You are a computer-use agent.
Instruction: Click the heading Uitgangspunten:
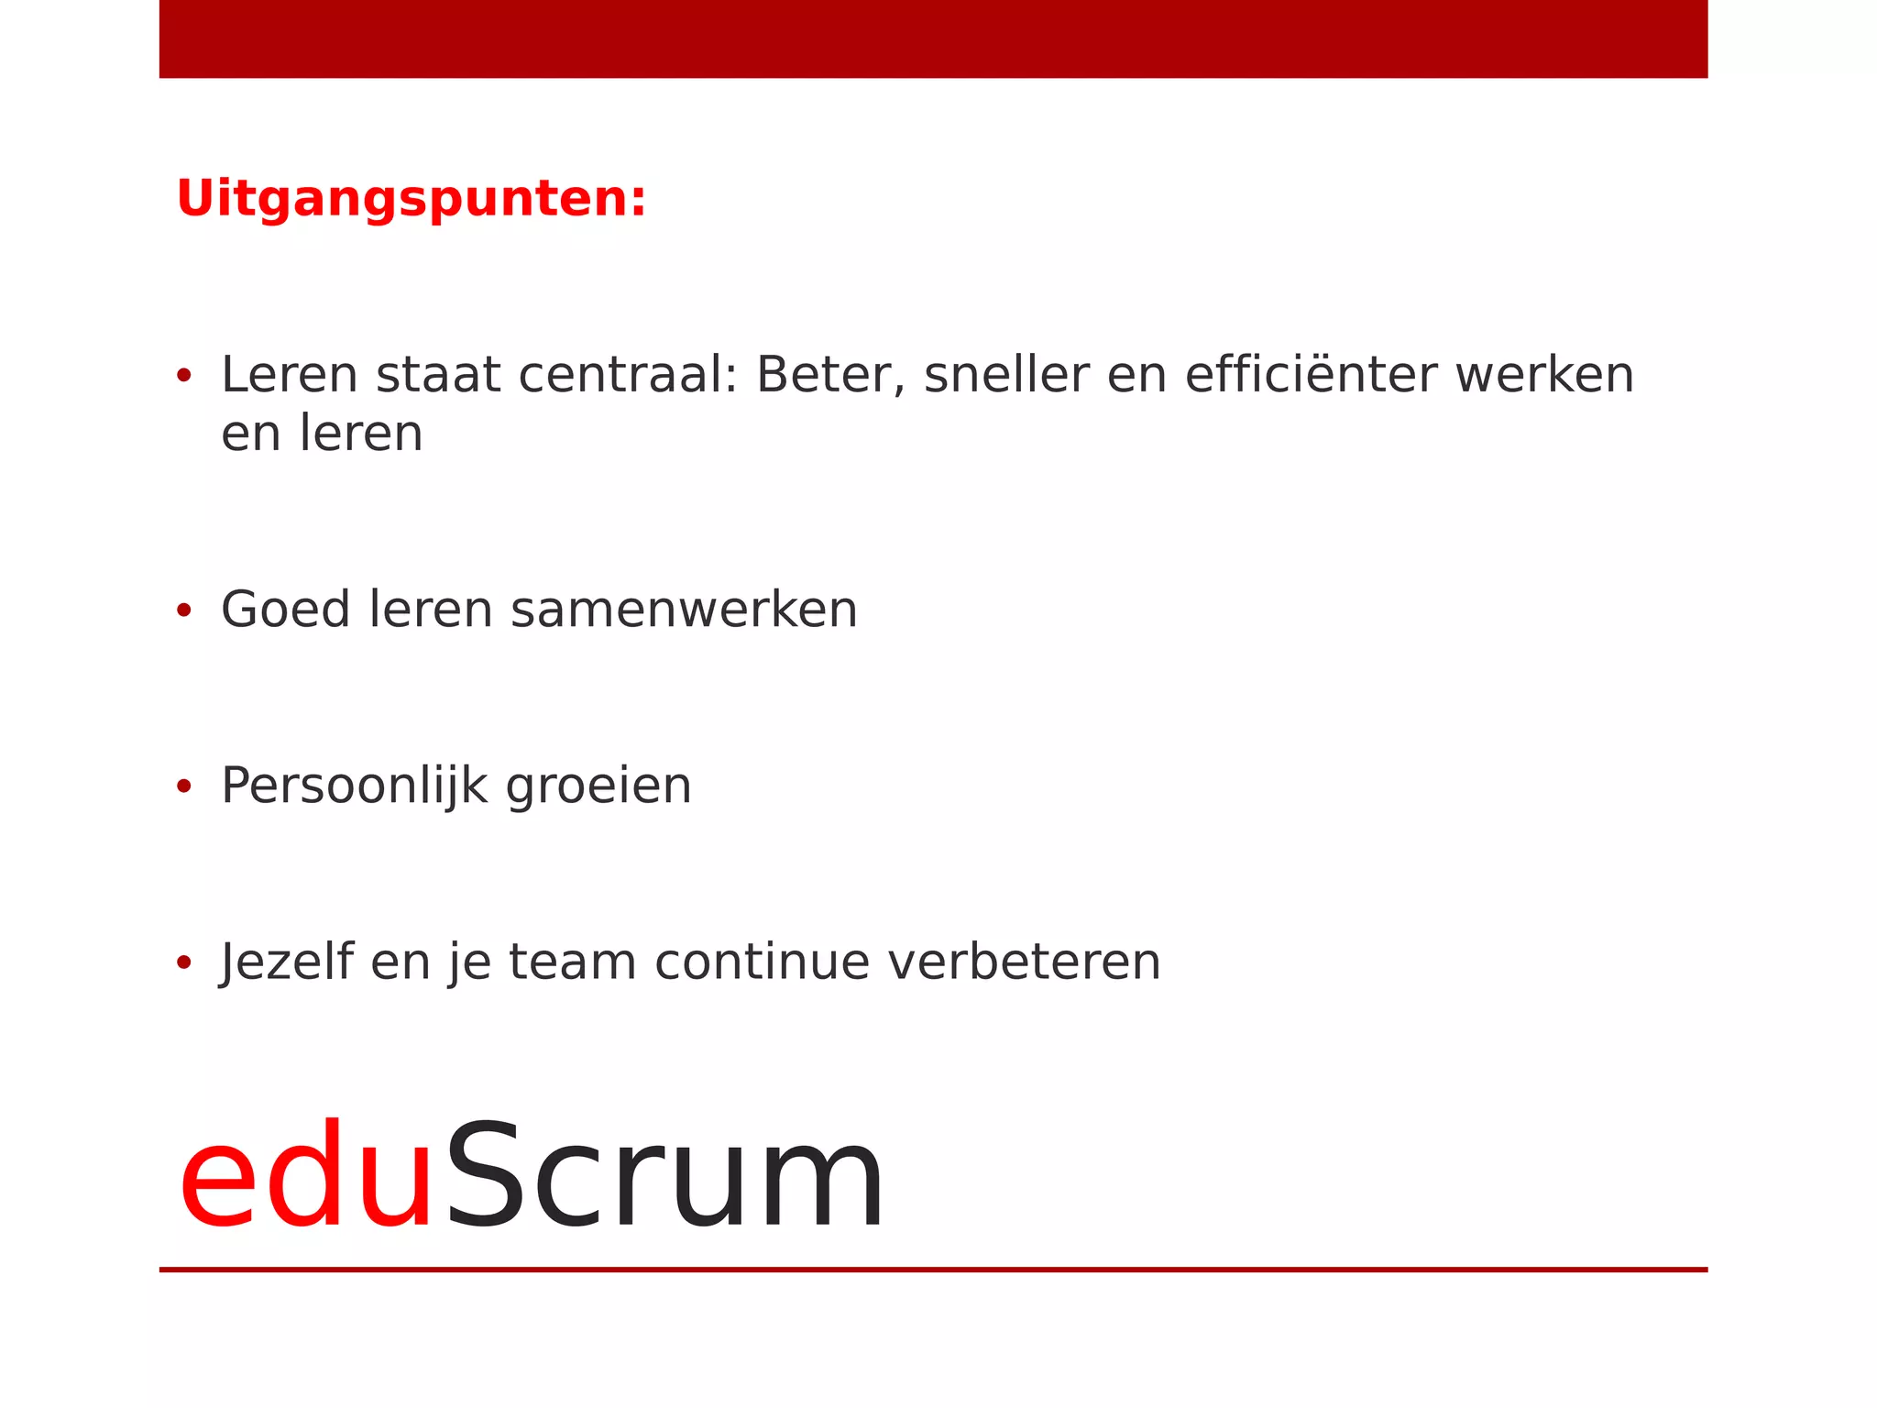pos(411,199)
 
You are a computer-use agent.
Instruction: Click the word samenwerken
pos(684,610)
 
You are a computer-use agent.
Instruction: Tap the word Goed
pos(285,610)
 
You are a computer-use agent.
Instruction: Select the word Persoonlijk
pos(354,786)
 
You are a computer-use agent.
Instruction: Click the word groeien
pos(598,787)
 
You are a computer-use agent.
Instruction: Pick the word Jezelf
pos(286,962)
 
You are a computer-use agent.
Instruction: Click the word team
pos(572,962)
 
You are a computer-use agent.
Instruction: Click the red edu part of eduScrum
pos(305,1178)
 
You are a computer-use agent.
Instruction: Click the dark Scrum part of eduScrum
pos(664,1178)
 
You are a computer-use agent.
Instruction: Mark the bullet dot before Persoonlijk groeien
pos(184,786)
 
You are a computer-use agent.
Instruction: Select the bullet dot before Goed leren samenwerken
pos(184,610)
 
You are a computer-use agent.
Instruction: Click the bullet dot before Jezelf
pos(184,962)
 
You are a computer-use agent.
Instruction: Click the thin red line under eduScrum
pos(933,1270)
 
